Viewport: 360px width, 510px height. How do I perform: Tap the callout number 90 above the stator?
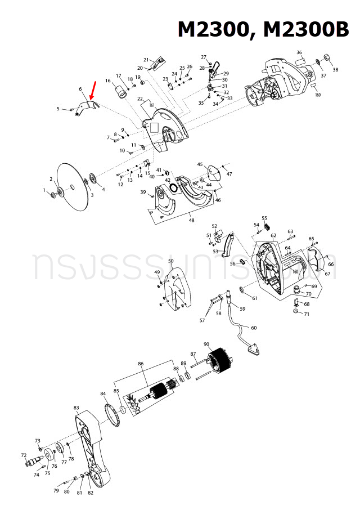click(x=206, y=344)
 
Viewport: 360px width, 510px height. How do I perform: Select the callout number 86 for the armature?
click(x=141, y=364)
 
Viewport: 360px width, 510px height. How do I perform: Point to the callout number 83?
click(x=76, y=408)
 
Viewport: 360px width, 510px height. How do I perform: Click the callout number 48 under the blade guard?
click(x=192, y=220)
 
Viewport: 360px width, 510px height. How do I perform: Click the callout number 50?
click(x=171, y=261)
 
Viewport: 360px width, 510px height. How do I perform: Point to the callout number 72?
click(x=24, y=455)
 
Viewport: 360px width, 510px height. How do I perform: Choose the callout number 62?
click(x=273, y=235)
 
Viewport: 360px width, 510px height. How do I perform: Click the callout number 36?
click(x=299, y=52)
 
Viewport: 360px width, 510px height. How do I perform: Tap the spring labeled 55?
click(x=266, y=226)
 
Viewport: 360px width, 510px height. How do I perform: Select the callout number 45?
click(x=200, y=164)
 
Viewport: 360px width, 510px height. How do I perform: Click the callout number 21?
click(x=146, y=60)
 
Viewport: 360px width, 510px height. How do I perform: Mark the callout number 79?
click(x=56, y=491)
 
